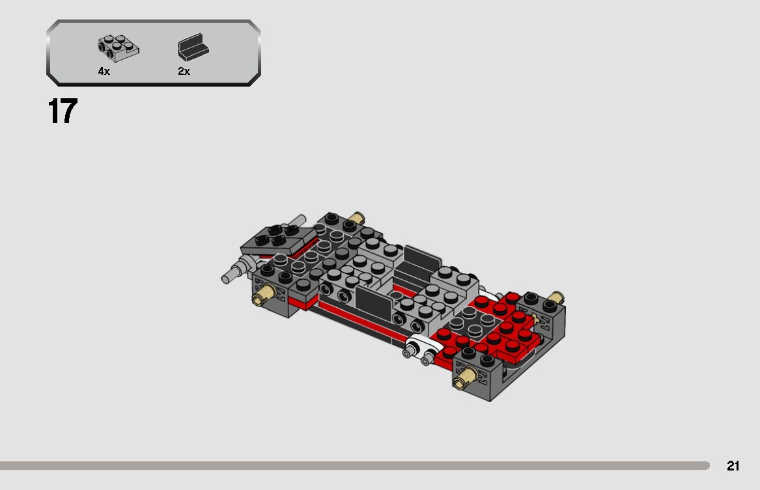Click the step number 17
coord(63,111)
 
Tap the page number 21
coord(733,466)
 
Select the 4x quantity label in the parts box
coord(104,72)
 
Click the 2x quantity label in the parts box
coord(184,72)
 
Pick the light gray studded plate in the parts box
coord(118,47)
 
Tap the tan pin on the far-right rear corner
coord(555,297)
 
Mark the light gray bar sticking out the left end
coord(232,275)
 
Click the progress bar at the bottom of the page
coord(355,466)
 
